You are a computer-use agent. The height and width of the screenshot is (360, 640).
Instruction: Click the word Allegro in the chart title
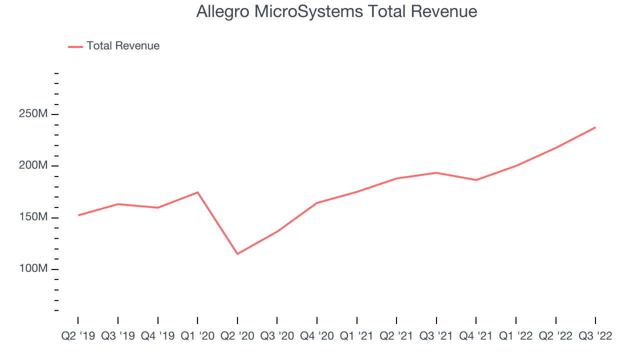(x=223, y=12)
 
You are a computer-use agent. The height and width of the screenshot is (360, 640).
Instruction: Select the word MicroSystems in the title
(x=308, y=12)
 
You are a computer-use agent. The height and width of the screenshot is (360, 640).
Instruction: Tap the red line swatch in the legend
(x=75, y=47)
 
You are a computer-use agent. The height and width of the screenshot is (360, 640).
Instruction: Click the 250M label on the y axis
(x=33, y=113)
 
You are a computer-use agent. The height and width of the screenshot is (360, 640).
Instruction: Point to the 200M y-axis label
(x=33, y=165)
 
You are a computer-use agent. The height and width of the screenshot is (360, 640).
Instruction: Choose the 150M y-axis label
(x=33, y=217)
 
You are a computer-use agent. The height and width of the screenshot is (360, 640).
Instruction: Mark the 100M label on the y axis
(x=33, y=268)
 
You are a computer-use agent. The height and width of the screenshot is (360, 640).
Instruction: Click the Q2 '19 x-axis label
(x=78, y=336)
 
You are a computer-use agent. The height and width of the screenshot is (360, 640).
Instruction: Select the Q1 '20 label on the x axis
(x=197, y=336)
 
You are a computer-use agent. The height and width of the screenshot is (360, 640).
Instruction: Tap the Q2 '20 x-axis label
(x=237, y=336)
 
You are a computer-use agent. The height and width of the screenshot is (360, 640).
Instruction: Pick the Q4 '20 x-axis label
(x=317, y=336)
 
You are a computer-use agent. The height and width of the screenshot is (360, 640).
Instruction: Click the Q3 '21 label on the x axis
(x=436, y=336)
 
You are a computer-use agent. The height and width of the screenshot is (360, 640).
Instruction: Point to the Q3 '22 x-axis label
(x=595, y=336)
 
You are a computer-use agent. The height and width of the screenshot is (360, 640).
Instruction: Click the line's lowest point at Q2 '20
(x=237, y=253)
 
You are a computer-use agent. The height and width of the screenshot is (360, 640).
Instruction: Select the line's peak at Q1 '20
(x=197, y=192)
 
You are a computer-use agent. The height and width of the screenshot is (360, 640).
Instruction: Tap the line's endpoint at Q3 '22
(x=595, y=127)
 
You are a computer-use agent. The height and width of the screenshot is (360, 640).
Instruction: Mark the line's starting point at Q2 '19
(x=78, y=215)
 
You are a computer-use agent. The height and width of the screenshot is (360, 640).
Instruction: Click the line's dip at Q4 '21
(x=476, y=180)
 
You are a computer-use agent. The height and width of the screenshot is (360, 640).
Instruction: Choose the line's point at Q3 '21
(x=436, y=172)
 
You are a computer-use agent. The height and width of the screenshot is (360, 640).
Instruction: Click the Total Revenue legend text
(x=123, y=45)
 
